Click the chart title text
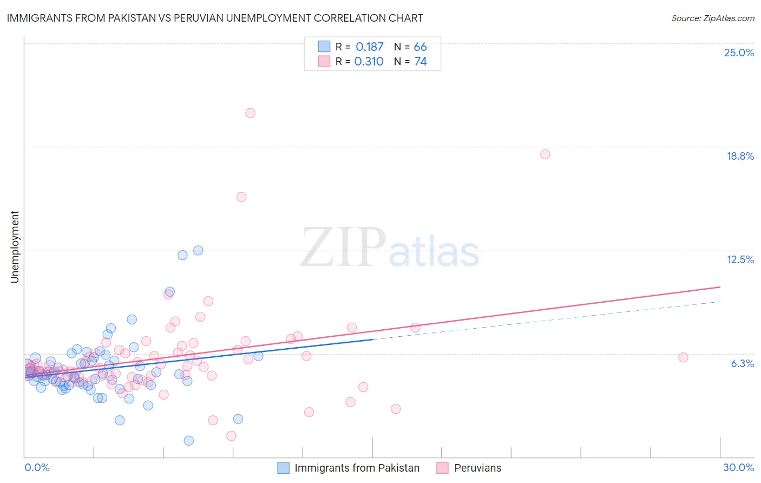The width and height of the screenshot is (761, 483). tap(215, 18)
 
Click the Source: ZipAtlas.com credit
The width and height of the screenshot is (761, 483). tap(712, 18)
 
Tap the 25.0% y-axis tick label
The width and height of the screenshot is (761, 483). tap(739, 53)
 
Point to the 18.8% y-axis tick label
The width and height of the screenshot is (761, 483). tap(740, 156)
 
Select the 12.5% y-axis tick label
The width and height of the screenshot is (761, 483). tap(740, 259)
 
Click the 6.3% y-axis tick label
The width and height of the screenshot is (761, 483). tap(742, 363)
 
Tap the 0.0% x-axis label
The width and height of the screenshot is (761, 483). tap(37, 467)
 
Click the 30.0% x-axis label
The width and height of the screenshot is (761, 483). tap(738, 467)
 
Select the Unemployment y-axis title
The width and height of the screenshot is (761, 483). tap(15, 247)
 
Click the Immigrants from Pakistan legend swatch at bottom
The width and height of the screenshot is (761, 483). tap(283, 468)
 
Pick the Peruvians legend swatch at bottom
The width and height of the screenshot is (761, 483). tap(442, 468)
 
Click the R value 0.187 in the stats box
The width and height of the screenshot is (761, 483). tap(369, 47)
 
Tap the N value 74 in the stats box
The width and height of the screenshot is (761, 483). tap(421, 62)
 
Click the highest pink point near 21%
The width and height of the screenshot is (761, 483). tap(250, 113)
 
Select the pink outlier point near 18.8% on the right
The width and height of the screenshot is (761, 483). tap(545, 154)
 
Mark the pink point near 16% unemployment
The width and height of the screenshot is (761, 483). tap(241, 197)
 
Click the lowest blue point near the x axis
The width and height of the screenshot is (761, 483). tap(189, 441)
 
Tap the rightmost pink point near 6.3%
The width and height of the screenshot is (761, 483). tap(683, 357)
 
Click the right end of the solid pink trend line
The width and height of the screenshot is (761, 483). tap(720, 286)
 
